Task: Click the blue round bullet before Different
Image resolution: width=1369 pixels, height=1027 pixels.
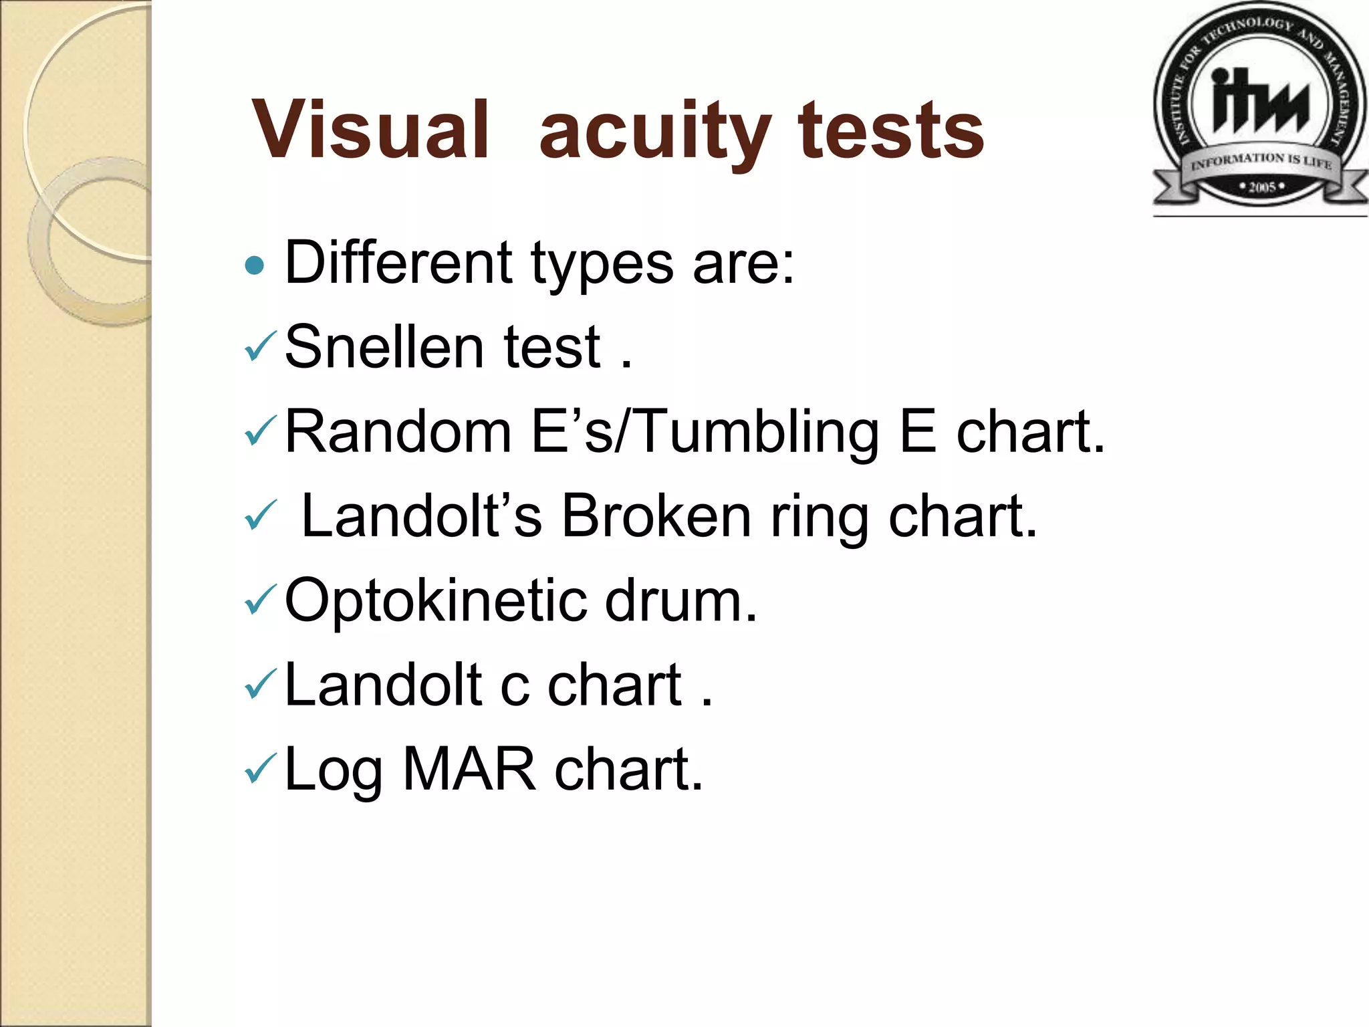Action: pyautogui.click(x=255, y=266)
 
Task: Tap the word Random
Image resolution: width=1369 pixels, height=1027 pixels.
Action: pyautogui.click(x=398, y=431)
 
